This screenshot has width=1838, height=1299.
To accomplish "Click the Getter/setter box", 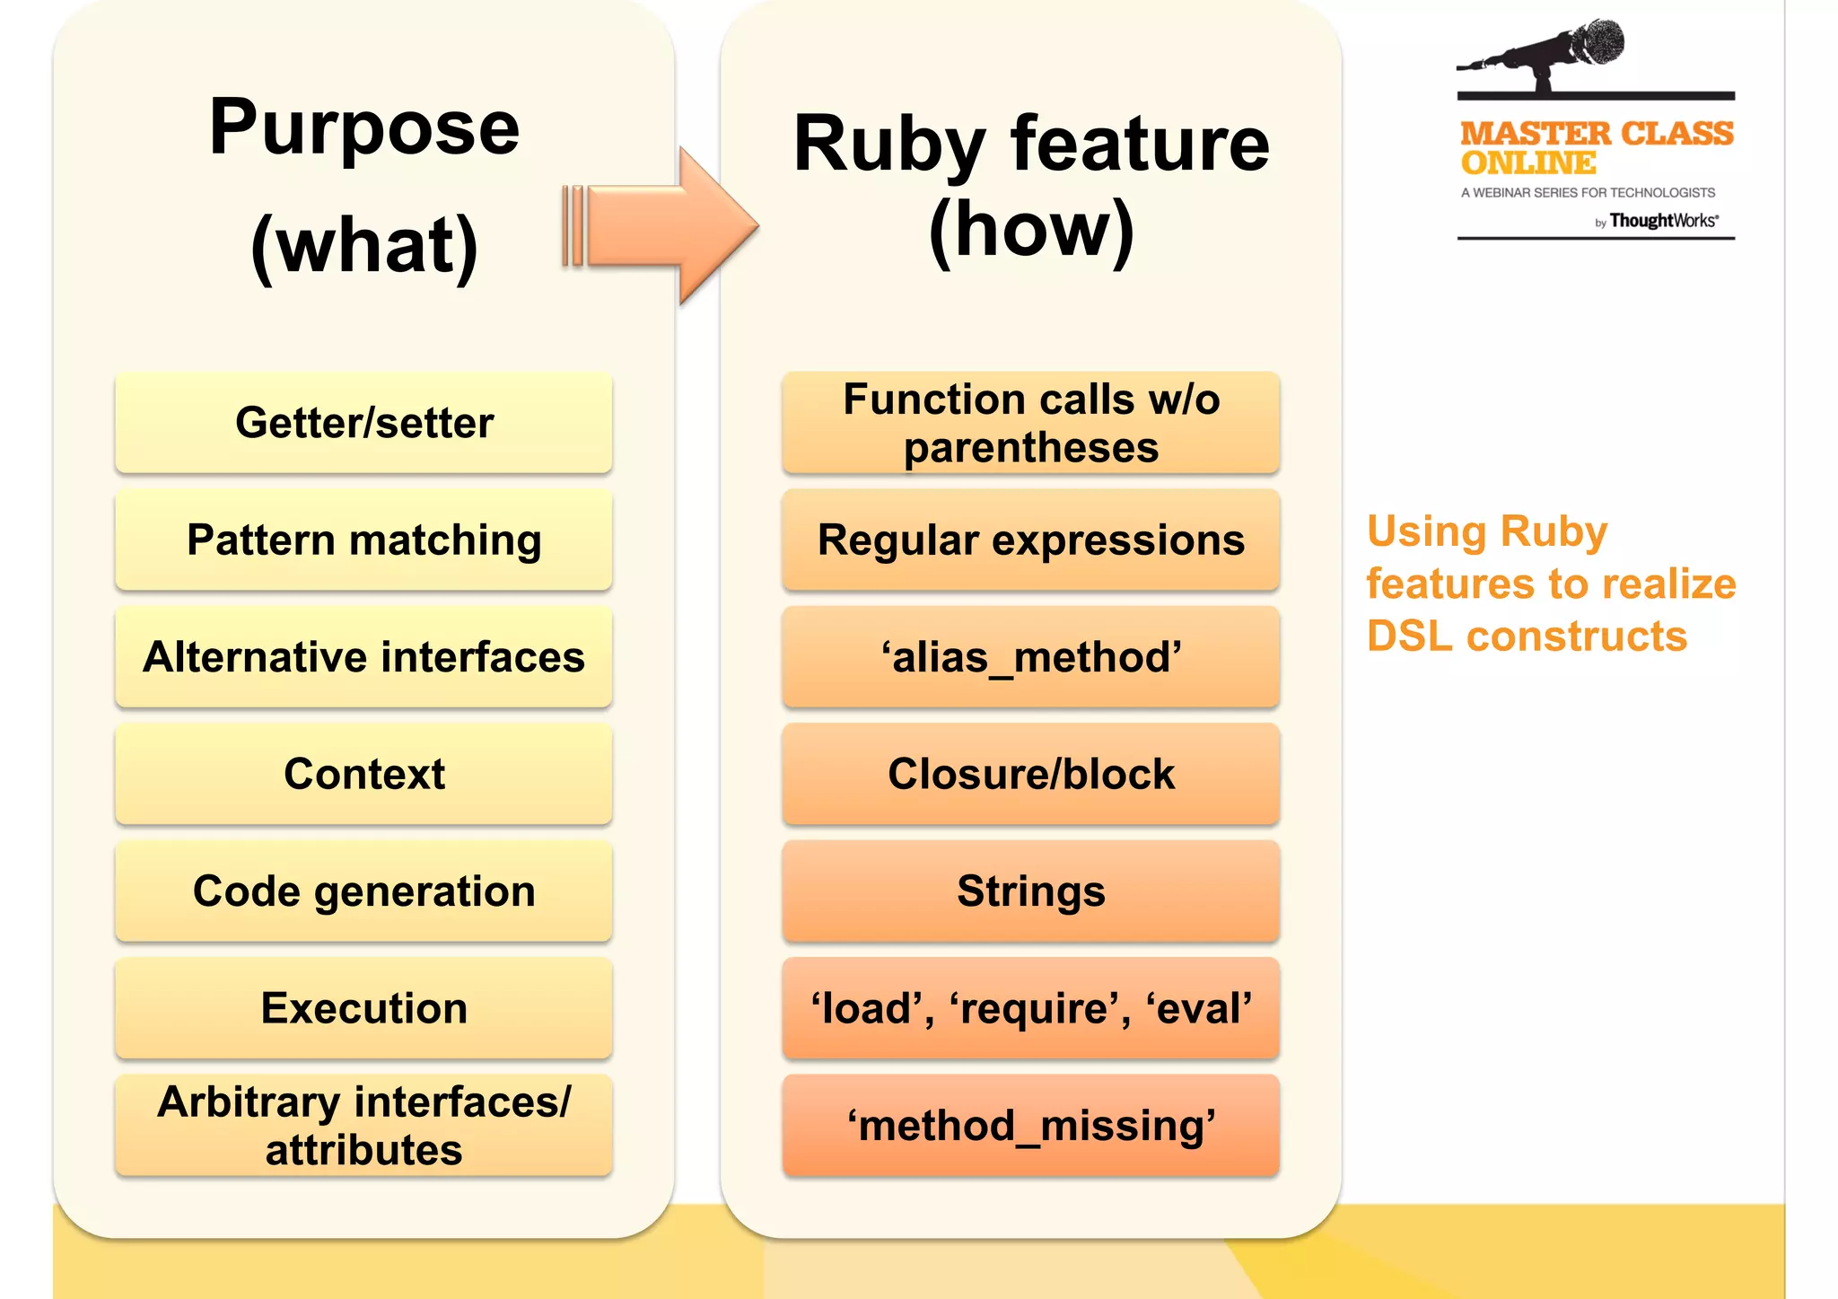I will coord(363,423).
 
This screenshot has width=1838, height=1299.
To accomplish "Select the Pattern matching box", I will coord(363,540).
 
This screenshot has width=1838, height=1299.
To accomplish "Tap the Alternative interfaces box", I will coord(363,657).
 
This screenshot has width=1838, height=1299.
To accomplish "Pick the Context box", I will coord(363,774).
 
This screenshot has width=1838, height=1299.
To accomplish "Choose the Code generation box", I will coord(363,891).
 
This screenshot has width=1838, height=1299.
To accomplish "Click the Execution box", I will coord(363,1008).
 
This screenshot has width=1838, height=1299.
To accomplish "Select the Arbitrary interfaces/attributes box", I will coord(363,1126).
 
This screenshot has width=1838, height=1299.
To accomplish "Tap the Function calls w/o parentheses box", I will coord(1030,423).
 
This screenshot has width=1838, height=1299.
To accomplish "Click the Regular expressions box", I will coord(1030,540).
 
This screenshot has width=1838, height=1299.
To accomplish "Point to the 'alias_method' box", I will coord(1030,657).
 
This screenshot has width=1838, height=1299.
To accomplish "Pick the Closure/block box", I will coord(1030,774).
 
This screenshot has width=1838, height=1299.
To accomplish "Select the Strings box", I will coord(1030,891).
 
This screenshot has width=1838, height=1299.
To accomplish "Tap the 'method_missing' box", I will coord(1030,1126).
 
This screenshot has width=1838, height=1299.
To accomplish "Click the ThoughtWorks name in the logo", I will coord(1663,221).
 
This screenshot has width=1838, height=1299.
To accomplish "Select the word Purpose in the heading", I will coord(363,128).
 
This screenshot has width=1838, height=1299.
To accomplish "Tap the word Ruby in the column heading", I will coord(888,145).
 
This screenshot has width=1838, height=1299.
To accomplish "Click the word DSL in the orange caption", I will coord(1409,636).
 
